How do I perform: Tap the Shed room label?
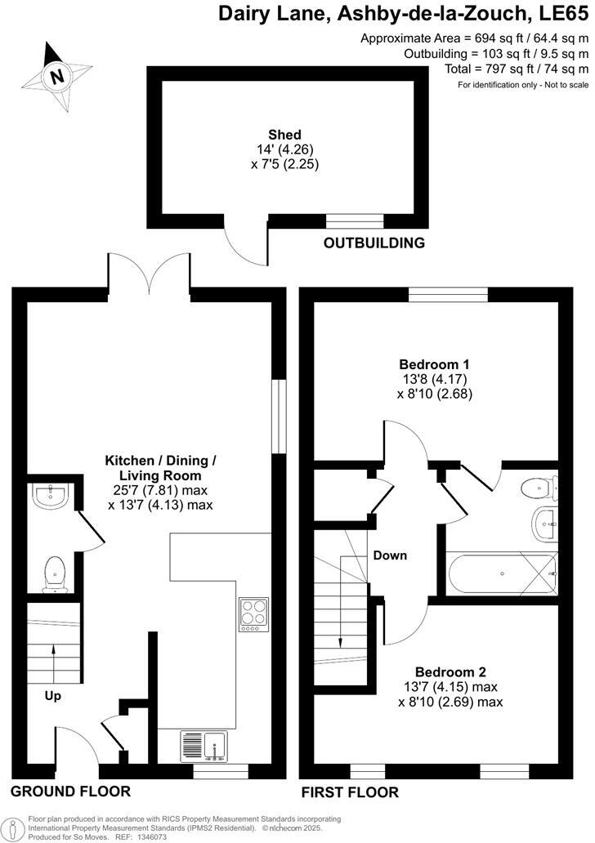coord(284,135)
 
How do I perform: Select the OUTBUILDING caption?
coord(374,243)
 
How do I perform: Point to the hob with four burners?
coord(253,614)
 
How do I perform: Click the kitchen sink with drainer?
coord(204,747)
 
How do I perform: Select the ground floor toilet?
coord(55,573)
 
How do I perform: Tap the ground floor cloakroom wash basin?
coord(49,497)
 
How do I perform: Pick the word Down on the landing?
coord(390,555)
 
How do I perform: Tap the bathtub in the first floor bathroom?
coord(500,574)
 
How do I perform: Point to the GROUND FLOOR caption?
coord(70,791)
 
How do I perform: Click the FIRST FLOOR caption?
coord(350,792)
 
